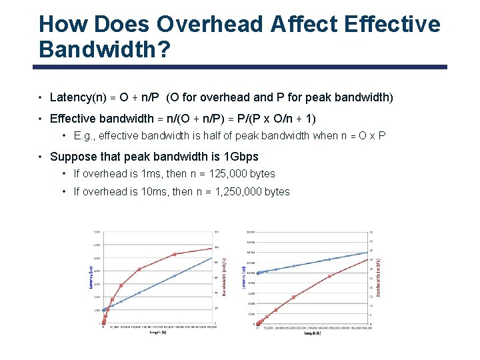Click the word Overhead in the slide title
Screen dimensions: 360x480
(x=210, y=24)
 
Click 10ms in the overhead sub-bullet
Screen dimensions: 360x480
(x=145, y=192)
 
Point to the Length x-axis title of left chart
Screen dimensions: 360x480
(x=158, y=331)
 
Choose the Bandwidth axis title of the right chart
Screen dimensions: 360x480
(x=379, y=277)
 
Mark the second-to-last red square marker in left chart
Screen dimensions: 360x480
(x=175, y=254)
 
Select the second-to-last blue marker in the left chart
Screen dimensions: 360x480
(x=175, y=275)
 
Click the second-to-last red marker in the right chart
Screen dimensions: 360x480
(x=329, y=276)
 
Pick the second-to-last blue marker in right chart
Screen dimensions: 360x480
(x=329, y=259)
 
